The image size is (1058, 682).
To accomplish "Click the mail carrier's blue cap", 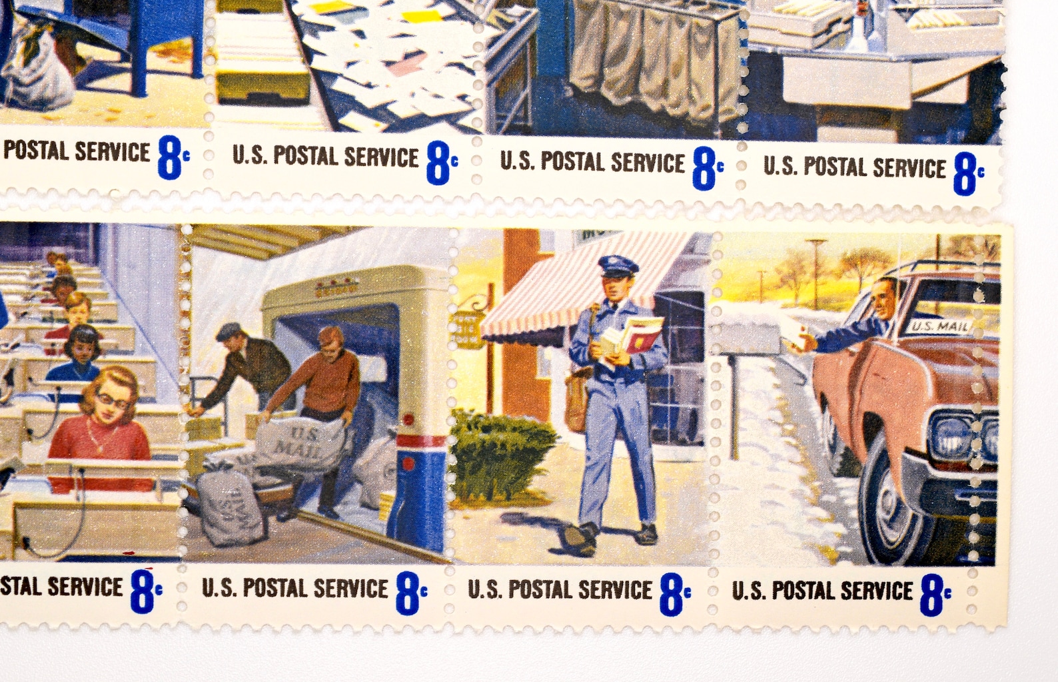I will pyautogui.click(x=618, y=266).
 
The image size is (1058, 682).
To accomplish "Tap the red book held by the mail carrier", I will pyautogui.click(x=643, y=333).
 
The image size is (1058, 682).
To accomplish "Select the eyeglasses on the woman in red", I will pyautogui.click(x=111, y=400).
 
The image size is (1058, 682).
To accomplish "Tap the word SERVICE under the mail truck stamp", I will pyautogui.click(x=350, y=589).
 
